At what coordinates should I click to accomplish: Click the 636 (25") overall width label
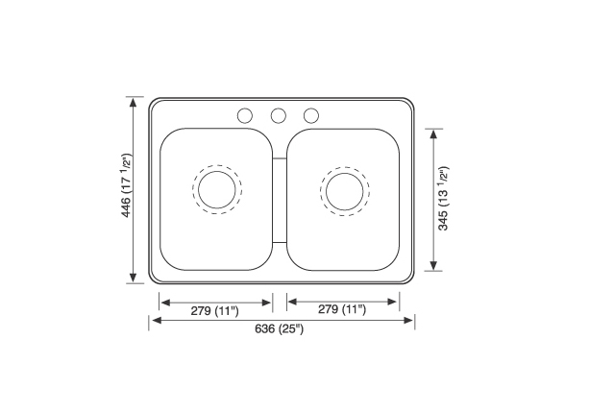click(x=279, y=329)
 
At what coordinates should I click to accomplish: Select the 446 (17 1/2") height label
click(x=127, y=184)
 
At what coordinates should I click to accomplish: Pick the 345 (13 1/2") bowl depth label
click(x=443, y=198)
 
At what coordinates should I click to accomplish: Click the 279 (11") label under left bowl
click(x=214, y=311)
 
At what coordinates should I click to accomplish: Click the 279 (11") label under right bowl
click(x=342, y=309)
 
